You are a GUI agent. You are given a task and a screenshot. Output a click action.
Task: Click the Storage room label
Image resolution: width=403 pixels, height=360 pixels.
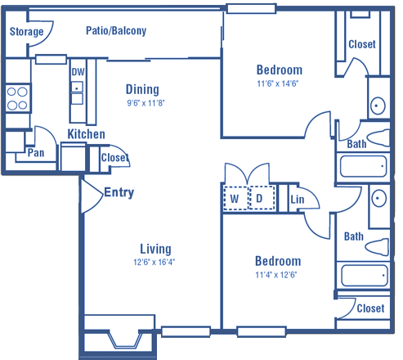click(x=26, y=32)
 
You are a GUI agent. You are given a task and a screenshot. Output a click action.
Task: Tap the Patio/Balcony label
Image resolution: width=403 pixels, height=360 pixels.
click(x=116, y=30)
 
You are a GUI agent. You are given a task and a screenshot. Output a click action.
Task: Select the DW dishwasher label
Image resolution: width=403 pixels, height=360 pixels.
click(x=78, y=72)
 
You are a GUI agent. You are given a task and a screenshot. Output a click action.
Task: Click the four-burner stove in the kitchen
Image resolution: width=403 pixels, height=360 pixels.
click(x=17, y=98)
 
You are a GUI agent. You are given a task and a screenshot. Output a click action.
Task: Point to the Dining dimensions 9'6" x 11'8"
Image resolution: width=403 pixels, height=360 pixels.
click(x=146, y=103)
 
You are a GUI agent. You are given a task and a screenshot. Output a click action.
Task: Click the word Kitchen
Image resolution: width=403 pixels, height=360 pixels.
click(x=86, y=134)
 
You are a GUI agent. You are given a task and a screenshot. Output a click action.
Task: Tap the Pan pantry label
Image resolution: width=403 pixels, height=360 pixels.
click(x=36, y=153)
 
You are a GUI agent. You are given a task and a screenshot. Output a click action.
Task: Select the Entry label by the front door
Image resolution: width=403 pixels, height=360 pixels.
click(x=119, y=192)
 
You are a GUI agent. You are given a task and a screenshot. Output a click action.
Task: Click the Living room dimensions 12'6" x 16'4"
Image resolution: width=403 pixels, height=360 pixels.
click(x=154, y=262)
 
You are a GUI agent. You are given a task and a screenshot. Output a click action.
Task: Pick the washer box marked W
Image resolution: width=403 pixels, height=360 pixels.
click(x=235, y=198)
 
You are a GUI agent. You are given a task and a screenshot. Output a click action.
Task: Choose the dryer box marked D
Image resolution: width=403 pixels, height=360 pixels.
click(x=262, y=198)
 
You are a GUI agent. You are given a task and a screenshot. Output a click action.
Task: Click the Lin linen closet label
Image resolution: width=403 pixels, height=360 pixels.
click(x=297, y=200)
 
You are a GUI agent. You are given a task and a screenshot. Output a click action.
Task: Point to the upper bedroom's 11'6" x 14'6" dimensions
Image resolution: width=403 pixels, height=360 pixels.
click(x=278, y=83)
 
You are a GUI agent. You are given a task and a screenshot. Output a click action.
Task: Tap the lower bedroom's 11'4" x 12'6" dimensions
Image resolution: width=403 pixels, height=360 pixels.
click(x=276, y=274)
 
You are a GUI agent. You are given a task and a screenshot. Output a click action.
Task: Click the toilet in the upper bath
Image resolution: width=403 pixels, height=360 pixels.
click(x=378, y=138)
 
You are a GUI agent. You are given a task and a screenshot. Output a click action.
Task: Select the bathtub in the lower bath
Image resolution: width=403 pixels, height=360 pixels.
click(x=363, y=276)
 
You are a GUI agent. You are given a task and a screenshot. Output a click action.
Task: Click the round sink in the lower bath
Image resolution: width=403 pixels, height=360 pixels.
click(x=379, y=198)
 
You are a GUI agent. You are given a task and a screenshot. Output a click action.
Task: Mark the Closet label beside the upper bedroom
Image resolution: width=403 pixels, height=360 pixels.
click(x=362, y=44)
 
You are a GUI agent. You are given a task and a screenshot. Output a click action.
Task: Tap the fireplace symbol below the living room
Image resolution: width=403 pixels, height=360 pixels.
click(x=125, y=340)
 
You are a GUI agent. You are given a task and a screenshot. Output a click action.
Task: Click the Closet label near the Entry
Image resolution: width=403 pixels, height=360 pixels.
click(x=114, y=157)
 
